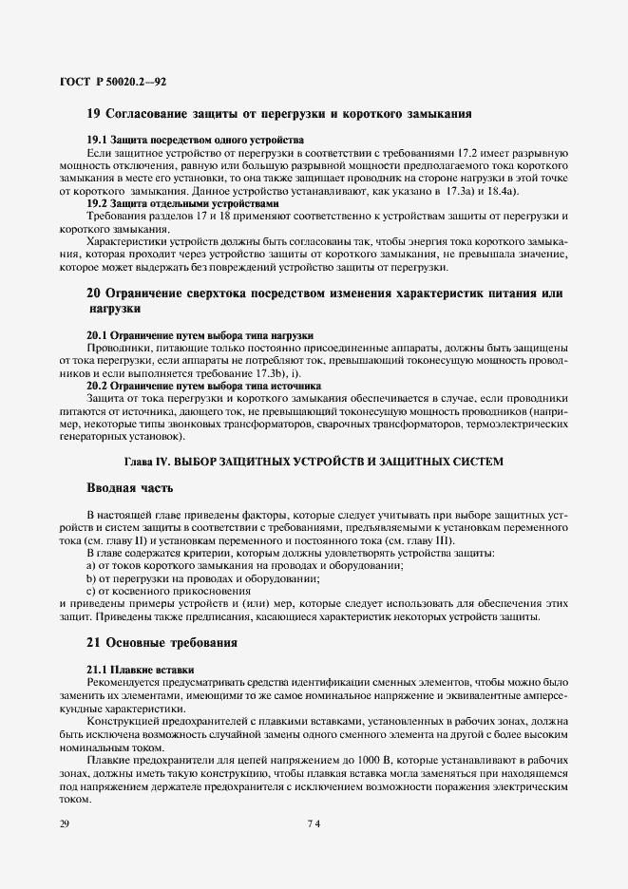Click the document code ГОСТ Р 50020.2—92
click(x=113, y=85)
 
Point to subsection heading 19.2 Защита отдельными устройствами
click(x=183, y=203)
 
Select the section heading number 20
click(x=94, y=293)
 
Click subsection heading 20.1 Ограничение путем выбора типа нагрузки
click(x=200, y=336)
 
